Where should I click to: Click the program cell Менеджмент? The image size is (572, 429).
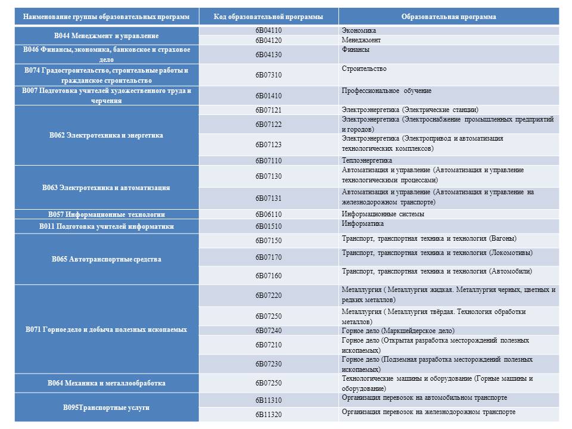coord(361,40)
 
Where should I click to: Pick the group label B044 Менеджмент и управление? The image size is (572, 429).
coord(107,36)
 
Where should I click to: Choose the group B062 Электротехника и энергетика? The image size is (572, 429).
coord(106,135)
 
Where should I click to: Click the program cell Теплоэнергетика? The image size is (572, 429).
coord(367,160)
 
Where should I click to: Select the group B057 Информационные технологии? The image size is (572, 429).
coord(106,214)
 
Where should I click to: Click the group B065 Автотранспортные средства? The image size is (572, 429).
coord(106,259)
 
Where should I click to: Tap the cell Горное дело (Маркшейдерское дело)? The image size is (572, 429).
coord(398,331)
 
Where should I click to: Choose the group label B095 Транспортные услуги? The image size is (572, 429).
coord(106,408)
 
